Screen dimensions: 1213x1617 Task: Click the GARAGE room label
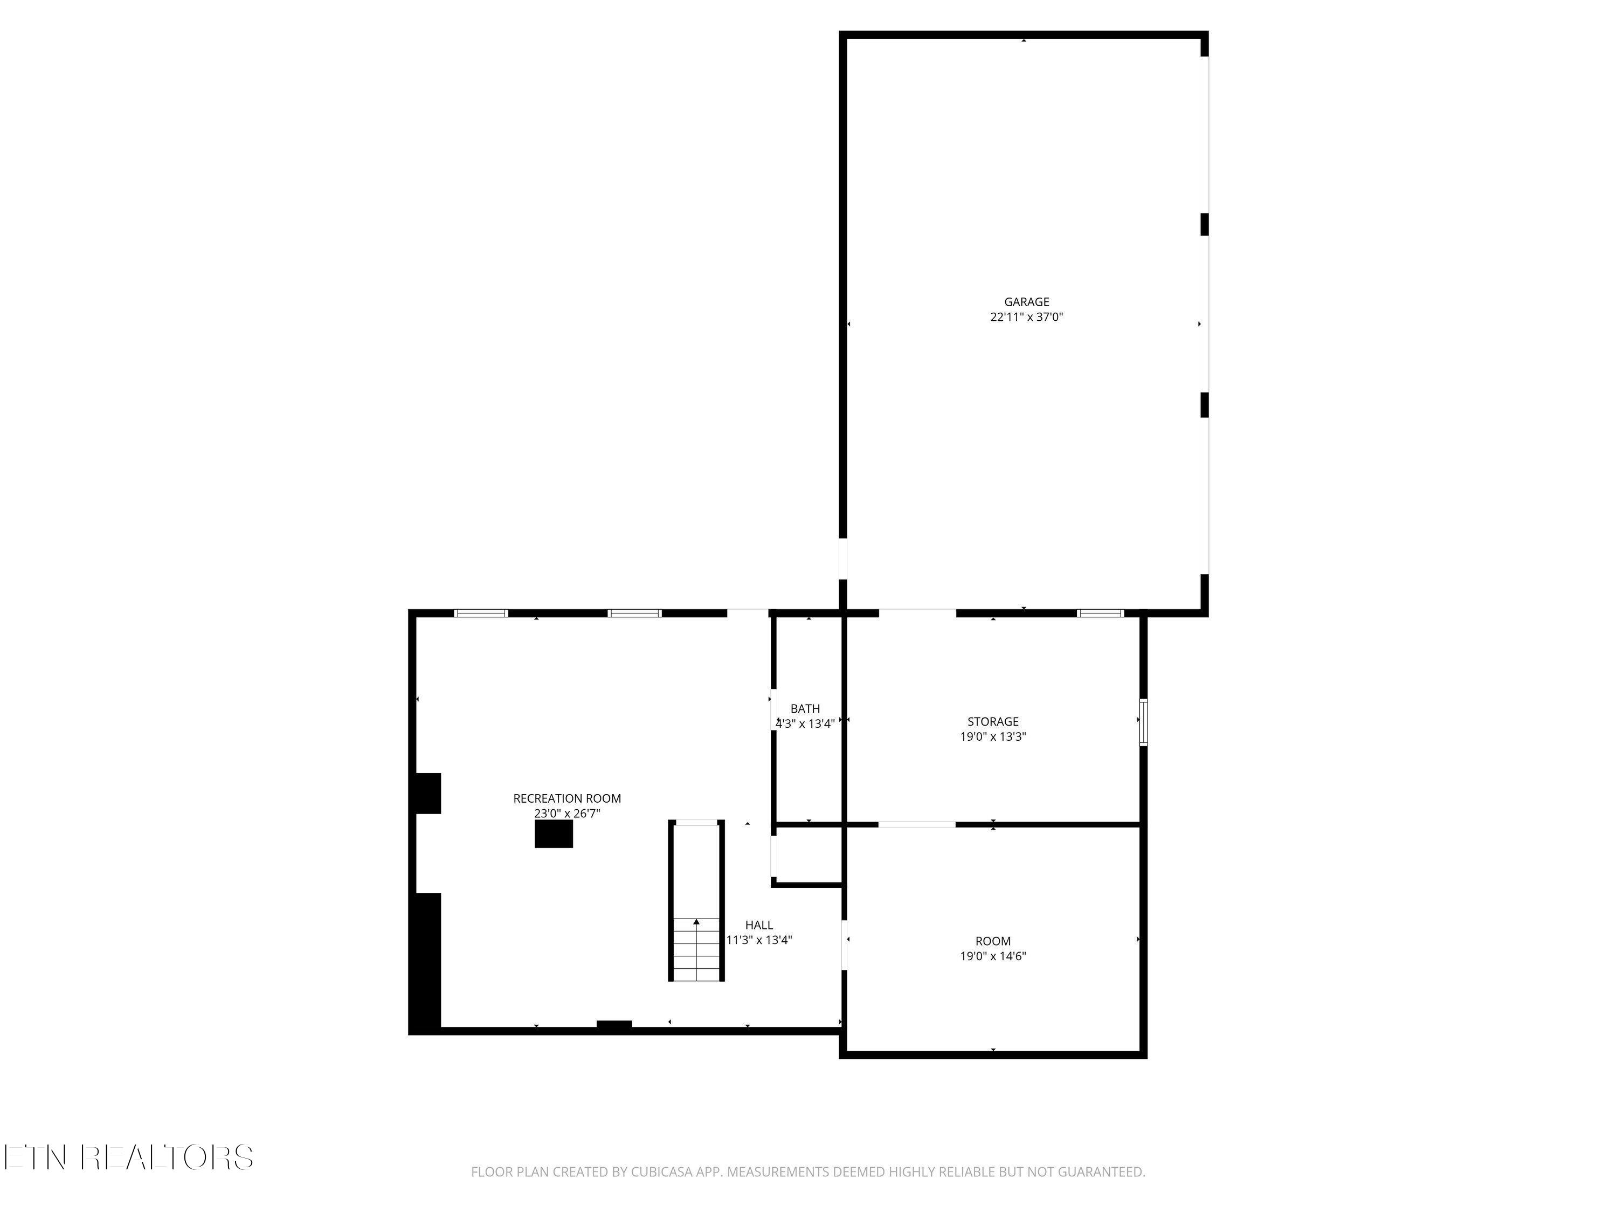(x=1026, y=302)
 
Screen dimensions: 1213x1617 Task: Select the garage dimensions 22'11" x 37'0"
(x=1026, y=318)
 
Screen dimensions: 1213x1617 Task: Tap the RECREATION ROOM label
(x=566, y=798)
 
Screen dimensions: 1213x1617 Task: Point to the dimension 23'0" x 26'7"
(x=566, y=814)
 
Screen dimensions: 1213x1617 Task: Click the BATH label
(x=805, y=708)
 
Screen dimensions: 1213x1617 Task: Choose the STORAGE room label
(x=993, y=722)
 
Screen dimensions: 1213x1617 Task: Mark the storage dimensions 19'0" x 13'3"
(x=993, y=737)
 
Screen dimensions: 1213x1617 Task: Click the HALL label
(x=759, y=925)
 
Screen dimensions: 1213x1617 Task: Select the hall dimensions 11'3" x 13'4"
(x=759, y=940)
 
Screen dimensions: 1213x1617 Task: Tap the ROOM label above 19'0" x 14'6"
(x=993, y=941)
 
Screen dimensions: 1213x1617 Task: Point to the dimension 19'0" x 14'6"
(x=993, y=956)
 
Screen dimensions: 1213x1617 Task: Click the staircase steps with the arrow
(x=696, y=949)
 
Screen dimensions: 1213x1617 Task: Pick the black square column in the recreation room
(x=554, y=834)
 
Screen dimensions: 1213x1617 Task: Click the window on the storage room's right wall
(x=1143, y=722)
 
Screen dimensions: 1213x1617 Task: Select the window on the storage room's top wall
(x=1100, y=614)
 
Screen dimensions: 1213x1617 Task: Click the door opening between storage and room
(x=917, y=825)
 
